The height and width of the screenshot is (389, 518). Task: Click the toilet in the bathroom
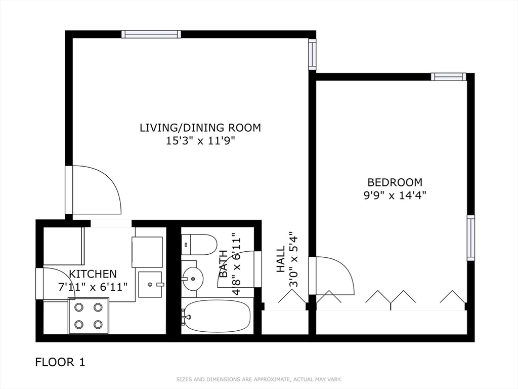pos(199,245)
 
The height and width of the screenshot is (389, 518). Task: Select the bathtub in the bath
pos(217,316)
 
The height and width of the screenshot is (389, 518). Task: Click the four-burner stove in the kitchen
pos(88,316)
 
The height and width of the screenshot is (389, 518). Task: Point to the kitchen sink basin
pos(150,285)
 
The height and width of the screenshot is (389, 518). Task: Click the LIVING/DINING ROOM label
pos(200,128)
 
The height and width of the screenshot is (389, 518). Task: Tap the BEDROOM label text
pos(395,182)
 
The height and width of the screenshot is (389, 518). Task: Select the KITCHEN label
pos(93,274)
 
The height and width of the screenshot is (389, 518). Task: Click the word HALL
pos(280,259)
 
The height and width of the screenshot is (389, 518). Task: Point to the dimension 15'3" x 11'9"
pos(200,141)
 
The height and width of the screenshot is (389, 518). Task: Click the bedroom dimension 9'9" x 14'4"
pos(395,196)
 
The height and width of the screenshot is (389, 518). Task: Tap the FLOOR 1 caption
pos(60,362)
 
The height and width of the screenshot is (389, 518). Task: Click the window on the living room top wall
pos(151,34)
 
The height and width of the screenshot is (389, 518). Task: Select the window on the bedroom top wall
pos(449,77)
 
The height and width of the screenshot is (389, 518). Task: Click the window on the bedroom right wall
pos(471,238)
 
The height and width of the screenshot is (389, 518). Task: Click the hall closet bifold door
pos(292,296)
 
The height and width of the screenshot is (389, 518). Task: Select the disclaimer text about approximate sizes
pos(258,379)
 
